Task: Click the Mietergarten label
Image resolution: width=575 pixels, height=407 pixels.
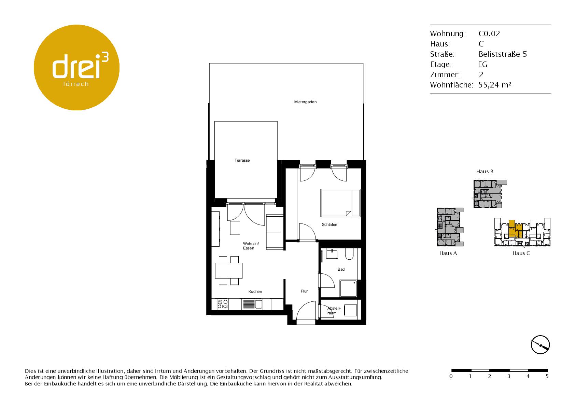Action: (305, 102)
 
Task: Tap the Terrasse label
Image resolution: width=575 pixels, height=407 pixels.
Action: (242, 160)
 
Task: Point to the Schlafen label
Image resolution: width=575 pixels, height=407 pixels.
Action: (329, 225)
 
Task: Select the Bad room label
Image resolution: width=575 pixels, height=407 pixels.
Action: (341, 269)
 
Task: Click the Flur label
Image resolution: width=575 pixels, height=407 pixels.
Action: (304, 291)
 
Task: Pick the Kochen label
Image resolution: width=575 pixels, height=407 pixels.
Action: (255, 291)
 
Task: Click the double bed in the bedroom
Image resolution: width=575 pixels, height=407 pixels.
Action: (341, 203)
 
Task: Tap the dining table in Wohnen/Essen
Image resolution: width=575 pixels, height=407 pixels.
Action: (229, 271)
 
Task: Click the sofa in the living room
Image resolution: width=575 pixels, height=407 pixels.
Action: (275, 232)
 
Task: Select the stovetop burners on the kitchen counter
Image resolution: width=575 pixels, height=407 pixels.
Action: (223, 304)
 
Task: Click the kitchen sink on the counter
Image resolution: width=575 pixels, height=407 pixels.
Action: (253, 304)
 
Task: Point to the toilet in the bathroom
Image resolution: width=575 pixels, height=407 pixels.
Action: (349, 254)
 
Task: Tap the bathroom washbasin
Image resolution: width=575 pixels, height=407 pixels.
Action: (332, 254)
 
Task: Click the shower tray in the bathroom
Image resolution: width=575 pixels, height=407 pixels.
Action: (348, 288)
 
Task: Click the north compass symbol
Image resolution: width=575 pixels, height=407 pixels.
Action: (541, 345)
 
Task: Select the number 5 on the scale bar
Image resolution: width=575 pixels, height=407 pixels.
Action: (547, 376)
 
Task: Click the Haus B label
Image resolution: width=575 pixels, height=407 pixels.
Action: (485, 172)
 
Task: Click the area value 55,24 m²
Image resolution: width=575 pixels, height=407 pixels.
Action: (495, 85)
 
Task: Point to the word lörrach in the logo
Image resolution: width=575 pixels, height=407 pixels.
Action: (76, 84)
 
